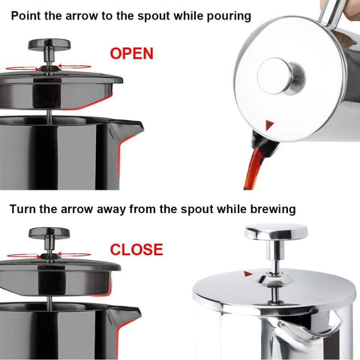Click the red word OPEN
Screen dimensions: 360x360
(x=131, y=53)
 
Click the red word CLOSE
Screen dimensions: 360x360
(x=136, y=249)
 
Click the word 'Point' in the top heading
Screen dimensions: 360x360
(x=27, y=16)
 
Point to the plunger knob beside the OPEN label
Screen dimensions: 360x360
(x=49, y=48)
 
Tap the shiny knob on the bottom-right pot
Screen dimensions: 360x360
(x=275, y=234)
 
